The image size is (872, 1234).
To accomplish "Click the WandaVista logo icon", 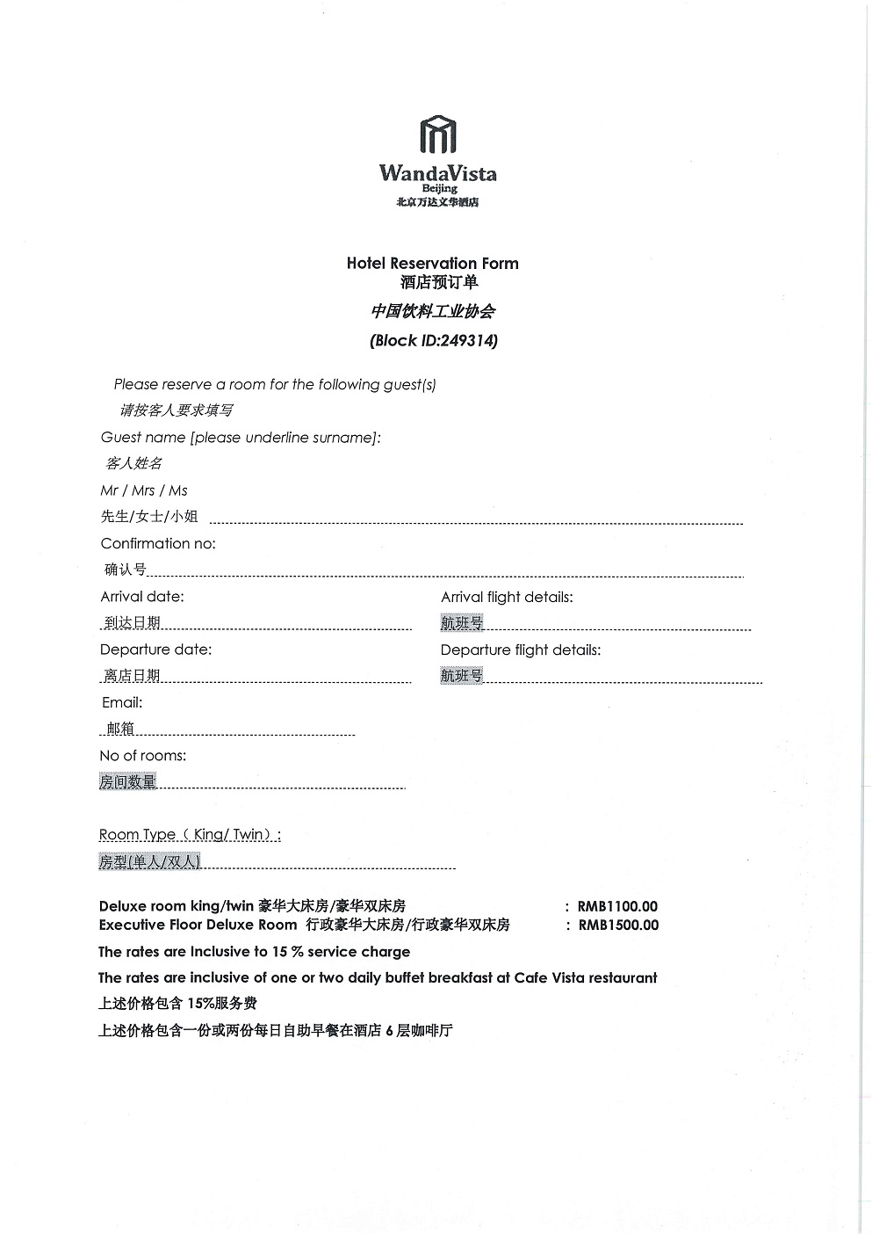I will (438, 134).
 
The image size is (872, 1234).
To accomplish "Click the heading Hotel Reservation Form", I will (432, 263).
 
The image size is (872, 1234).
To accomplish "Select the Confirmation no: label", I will (158, 543).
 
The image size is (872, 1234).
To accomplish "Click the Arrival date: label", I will (142, 596).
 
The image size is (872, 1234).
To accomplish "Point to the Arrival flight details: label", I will (507, 597).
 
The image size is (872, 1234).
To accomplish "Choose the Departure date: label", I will (155, 650).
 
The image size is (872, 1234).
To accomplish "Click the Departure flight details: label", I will (521, 650).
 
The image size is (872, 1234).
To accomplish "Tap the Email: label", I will (122, 702).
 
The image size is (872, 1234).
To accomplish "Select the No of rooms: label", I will (143, 755).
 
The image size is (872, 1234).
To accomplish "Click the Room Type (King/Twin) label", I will (190, 834).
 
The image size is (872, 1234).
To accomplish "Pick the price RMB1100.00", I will (617, 906).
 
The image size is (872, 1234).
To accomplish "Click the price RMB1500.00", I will (618, 925).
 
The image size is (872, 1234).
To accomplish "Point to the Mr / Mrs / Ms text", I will (144, 490).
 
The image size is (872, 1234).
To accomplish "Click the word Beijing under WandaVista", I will (439, 188).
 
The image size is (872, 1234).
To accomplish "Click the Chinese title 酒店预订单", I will (439, 282).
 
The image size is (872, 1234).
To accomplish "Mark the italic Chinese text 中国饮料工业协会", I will (433, 311).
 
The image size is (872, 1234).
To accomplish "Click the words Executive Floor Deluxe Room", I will (198, 925).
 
